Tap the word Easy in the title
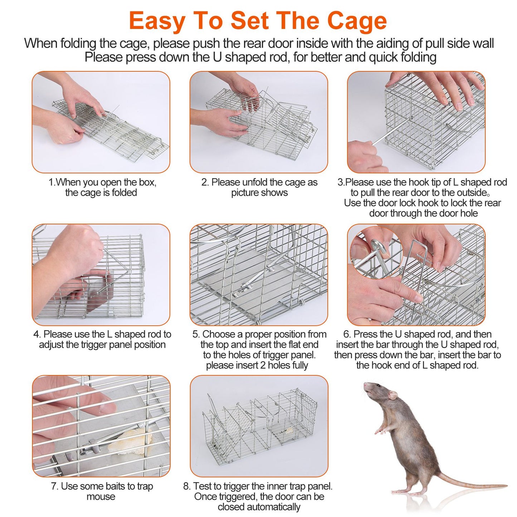click(x=157, y=21)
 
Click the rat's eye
click(x=378, y=386)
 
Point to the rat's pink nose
click(x=365, y=384)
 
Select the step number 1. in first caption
click(x=52, y=182)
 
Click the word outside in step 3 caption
click(x=474, y=193)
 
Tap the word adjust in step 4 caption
click(x=52, y=345)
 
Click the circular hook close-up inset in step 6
click(x=375, y=252)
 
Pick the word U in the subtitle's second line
click(x=217, y=57)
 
